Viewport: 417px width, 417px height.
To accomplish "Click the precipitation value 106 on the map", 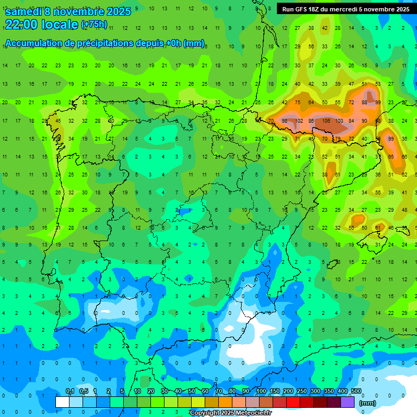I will click(326, 121).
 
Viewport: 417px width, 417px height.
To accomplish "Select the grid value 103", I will click(339, 121).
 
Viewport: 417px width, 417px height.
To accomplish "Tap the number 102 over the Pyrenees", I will click(298, 121).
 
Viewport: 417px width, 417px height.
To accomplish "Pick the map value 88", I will click(364, 102).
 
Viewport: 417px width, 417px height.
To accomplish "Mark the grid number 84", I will click(351, 121).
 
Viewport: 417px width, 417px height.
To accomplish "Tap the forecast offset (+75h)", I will click(94, 24).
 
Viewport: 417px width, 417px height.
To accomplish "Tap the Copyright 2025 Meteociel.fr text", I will click(230, 413).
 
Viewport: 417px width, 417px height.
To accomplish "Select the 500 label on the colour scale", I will click(356, 391).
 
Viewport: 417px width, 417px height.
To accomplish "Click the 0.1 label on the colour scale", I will click(70, 391).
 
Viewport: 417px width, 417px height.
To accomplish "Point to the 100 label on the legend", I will click(261, 391).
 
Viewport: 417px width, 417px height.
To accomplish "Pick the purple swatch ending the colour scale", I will click(347, 402).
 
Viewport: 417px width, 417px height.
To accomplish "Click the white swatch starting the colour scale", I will click(62, 402).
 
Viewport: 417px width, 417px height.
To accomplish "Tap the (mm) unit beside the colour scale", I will click(368, 403).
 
